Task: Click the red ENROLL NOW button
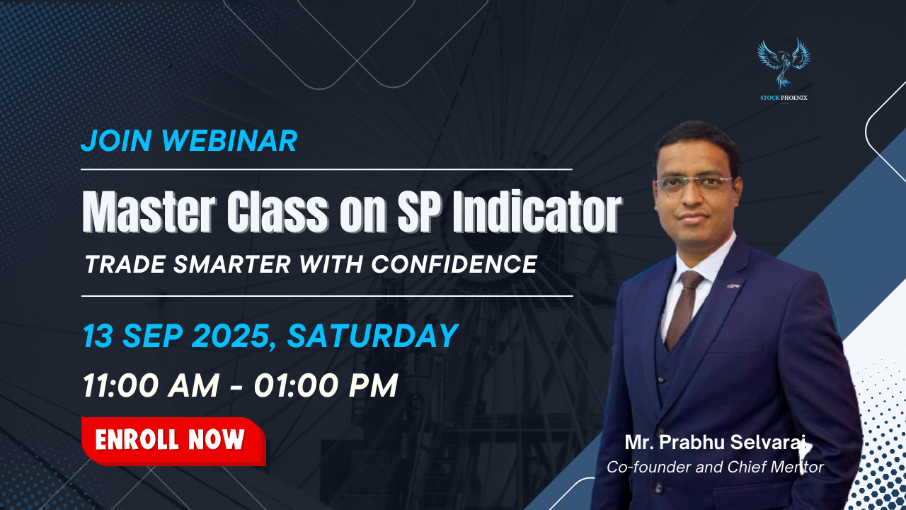(x=173, y=441)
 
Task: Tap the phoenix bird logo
(x=784, y=64)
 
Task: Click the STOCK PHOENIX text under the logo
(x=784, y=98)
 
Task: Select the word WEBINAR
(x=230, y=141)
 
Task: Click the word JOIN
(x=117, y=141)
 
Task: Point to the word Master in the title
(x=149, y=212)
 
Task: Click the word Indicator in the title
(x=537, y=212)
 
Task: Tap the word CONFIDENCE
(x=454, y=264)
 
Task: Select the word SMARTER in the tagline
(x=232, y=264)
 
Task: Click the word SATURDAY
(x=372, y=336)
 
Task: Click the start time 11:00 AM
(x=151, y=385)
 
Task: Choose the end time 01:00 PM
(x=326, y=385)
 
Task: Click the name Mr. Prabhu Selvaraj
(x=715, y=443)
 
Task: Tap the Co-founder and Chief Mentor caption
(x=715, y=467)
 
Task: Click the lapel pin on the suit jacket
(x=733, y=286)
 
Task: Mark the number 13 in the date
(x=98, y=336)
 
